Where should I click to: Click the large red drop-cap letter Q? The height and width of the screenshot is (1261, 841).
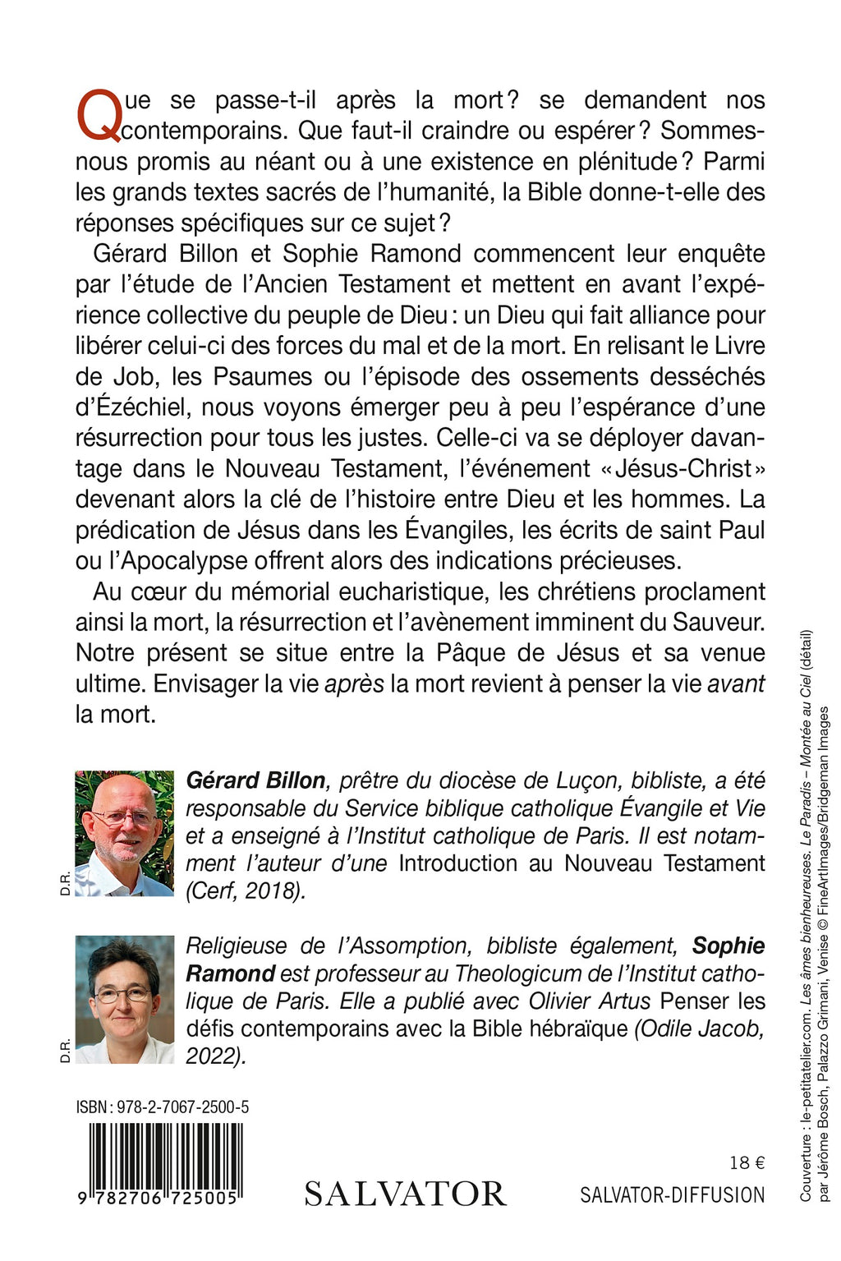click(x=99, y=116)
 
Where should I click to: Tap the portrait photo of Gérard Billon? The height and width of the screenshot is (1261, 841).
click(x=124, y=833)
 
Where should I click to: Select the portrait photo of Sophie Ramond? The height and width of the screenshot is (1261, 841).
click(x=124, y=999)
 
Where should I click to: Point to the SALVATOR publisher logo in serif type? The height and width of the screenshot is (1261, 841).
click(x=405, y=1194)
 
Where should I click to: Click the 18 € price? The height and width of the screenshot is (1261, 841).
click(x=747, y=1162)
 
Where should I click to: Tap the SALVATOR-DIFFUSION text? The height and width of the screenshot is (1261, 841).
click(x=672, y=1194)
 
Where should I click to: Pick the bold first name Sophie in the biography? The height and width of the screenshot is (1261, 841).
click(x=728, y=946)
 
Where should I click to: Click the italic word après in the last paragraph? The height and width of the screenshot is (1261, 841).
click(x=354, y=683)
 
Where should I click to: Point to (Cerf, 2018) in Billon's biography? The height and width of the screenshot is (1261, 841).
click(x=246, y=891)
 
